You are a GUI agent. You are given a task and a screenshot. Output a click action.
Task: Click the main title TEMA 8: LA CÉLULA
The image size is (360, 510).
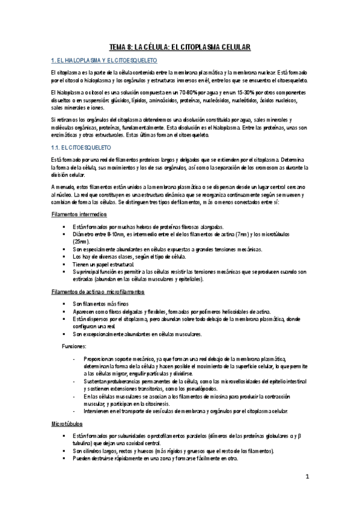coord(180,46)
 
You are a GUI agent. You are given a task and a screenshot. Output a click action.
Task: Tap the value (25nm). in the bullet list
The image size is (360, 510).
coord(82,240)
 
